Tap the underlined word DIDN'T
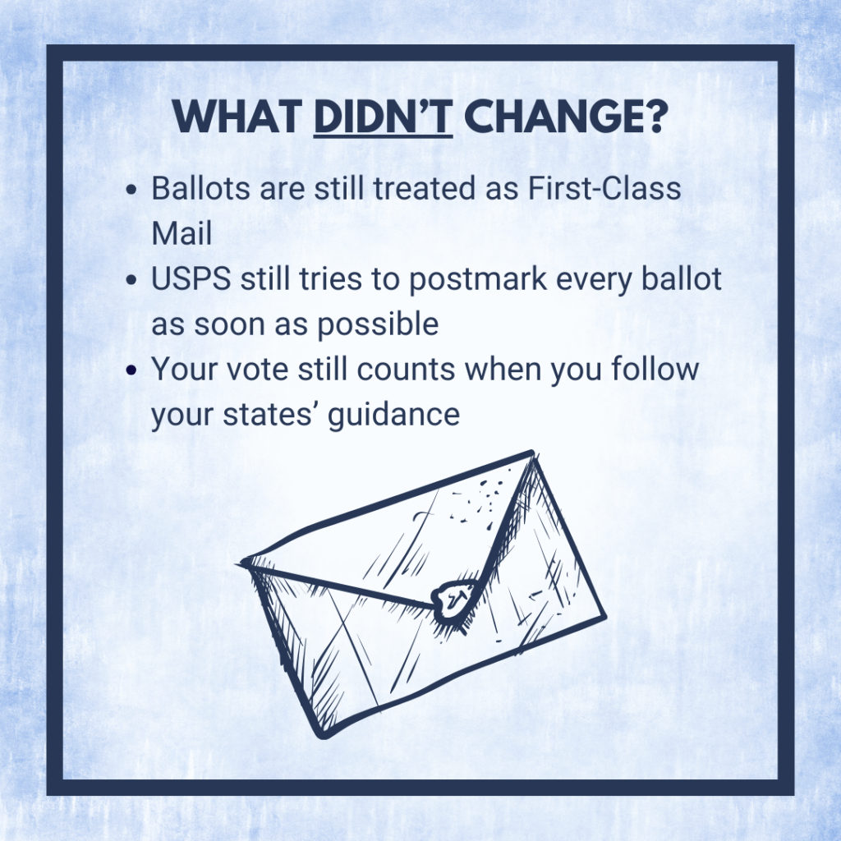(x=384, y=119)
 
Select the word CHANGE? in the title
(x=564, y=119)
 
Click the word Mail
(x=182, y=233)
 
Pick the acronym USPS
(x=191, y=279)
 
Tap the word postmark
(x=461, y=280)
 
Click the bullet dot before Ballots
(x=132, y=190)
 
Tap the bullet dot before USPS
(x=132, y=280)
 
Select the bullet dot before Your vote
(x=132, y=370)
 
